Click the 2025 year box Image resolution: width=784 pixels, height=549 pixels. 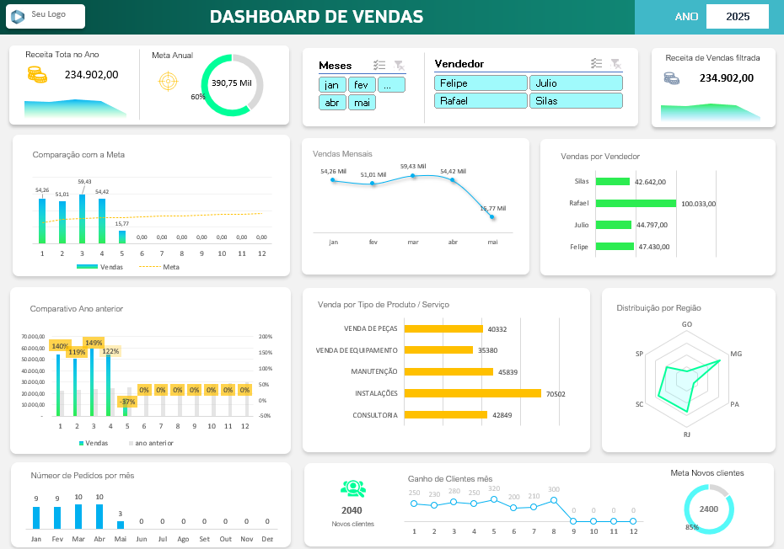coord(737,17)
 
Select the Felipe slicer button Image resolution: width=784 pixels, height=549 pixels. coord(481,83)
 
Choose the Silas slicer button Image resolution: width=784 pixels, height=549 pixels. coord(576,101)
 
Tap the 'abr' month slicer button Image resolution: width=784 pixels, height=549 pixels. coord(332,103)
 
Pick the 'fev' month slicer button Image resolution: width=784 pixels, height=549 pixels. coord(362,85)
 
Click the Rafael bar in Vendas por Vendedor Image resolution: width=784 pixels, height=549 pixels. coord(636,203)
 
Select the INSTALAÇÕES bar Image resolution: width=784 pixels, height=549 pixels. coord(472,393)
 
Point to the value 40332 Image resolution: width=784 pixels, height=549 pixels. coord(497,329)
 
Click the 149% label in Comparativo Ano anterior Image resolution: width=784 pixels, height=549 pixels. coord(94,343)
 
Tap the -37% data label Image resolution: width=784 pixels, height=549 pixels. coord(127,402)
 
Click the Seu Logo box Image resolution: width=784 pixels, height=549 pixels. coord(46,16)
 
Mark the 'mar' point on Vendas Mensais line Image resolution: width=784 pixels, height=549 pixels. coord(413,176)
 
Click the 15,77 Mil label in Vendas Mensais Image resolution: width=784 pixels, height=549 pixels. coord(492,208)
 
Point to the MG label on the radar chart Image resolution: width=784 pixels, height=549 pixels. coord(736,354)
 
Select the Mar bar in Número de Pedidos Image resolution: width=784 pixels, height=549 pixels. coord(78,516)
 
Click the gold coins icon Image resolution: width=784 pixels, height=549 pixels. coord(37,75)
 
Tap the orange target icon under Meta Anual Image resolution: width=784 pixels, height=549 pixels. coord(168,82)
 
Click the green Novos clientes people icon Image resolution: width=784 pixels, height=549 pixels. coord(352,488)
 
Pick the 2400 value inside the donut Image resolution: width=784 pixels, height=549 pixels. coord(709,509)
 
